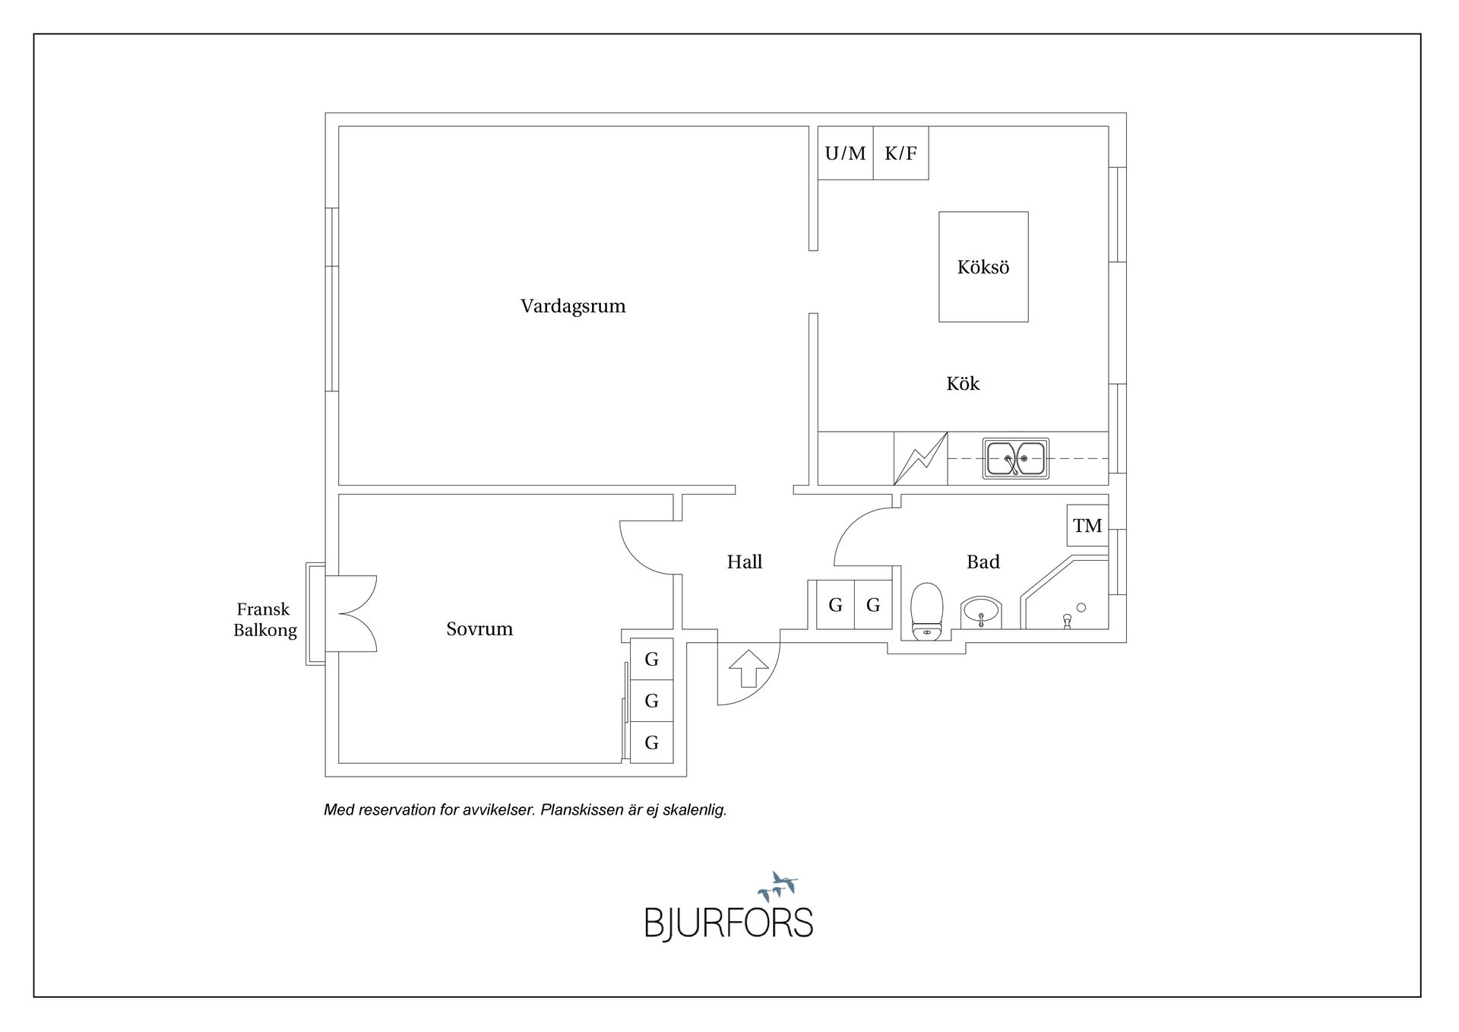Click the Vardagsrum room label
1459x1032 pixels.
click(x=573, y=306)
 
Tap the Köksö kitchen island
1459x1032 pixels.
click(x=983, y=267)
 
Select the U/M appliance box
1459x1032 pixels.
click(x=845, y=153)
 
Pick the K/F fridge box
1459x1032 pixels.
click(x=900, y=153)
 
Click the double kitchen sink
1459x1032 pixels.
click(x=1015, y=458)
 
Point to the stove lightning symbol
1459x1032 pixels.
click(x=920, y=458)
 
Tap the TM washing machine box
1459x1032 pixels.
click(x=1087, y=525)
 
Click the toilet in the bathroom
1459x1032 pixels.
click(x=926, y=611)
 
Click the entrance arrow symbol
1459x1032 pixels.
click(x=748, y=668)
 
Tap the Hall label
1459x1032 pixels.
click(x=744, y=562)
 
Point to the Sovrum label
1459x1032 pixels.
click(x=479, y=628)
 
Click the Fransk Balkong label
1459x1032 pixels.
click(x=264, y=619)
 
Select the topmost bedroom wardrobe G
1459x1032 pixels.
click(x=651, y=659)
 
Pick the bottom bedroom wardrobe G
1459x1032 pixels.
click(x=651, y=742)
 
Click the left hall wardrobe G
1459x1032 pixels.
click(x=835, y=605)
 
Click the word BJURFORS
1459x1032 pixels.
click(x=729, y=923)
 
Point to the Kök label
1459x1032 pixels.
click(x=963, y=384)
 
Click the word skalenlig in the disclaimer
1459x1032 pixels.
click(x=695, y=810)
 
